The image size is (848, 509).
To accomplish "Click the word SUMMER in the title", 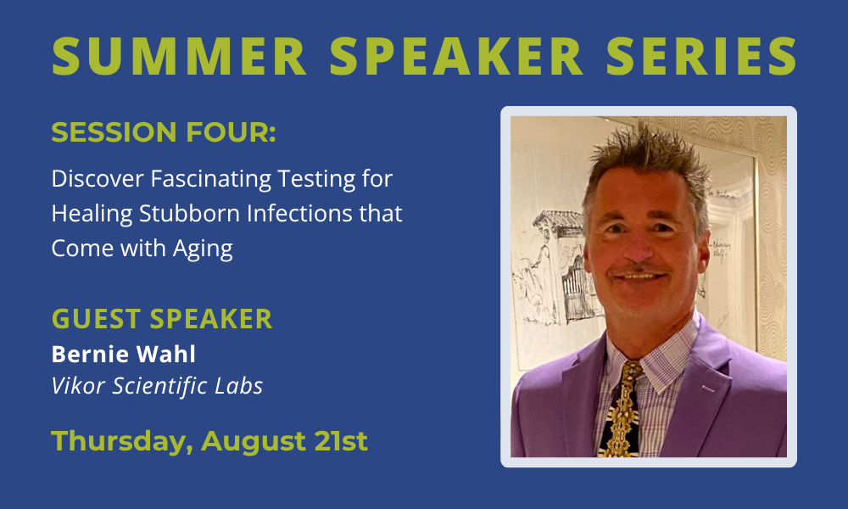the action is (179, 56).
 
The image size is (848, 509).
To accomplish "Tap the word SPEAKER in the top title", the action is (456, 56).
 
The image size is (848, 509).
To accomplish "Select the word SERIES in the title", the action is (701, 56).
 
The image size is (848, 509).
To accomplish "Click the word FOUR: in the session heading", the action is (231, 132).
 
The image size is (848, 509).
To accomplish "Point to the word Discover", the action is (98, 178).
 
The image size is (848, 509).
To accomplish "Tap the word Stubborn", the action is (189, 213).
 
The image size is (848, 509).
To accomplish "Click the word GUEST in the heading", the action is (97, 319).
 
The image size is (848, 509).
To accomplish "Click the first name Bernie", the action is (91, 355).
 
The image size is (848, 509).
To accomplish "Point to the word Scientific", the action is (159, 386).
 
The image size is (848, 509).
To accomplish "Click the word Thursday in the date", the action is (122, 442).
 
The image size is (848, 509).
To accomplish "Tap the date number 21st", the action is (341, 441).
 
